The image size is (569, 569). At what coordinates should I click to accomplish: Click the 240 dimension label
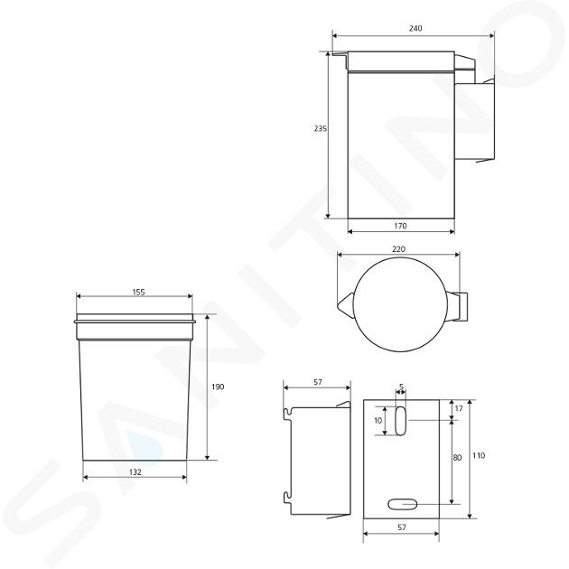click(415, 28)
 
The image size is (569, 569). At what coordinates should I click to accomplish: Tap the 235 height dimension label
click(321, 128)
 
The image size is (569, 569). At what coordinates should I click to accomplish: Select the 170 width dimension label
click(400, 226)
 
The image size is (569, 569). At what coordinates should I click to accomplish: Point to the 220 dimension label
click(399, 249)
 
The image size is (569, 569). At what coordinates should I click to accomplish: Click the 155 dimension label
click(138, 292)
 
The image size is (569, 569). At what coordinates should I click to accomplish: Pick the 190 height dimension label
click(218, 387)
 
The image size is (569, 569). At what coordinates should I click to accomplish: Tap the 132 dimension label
click(135, 472)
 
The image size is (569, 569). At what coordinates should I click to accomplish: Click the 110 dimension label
click(479, 455)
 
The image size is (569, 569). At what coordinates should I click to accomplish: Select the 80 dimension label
click(457, 458)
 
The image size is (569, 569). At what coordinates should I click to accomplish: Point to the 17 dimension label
click(459, 408)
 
